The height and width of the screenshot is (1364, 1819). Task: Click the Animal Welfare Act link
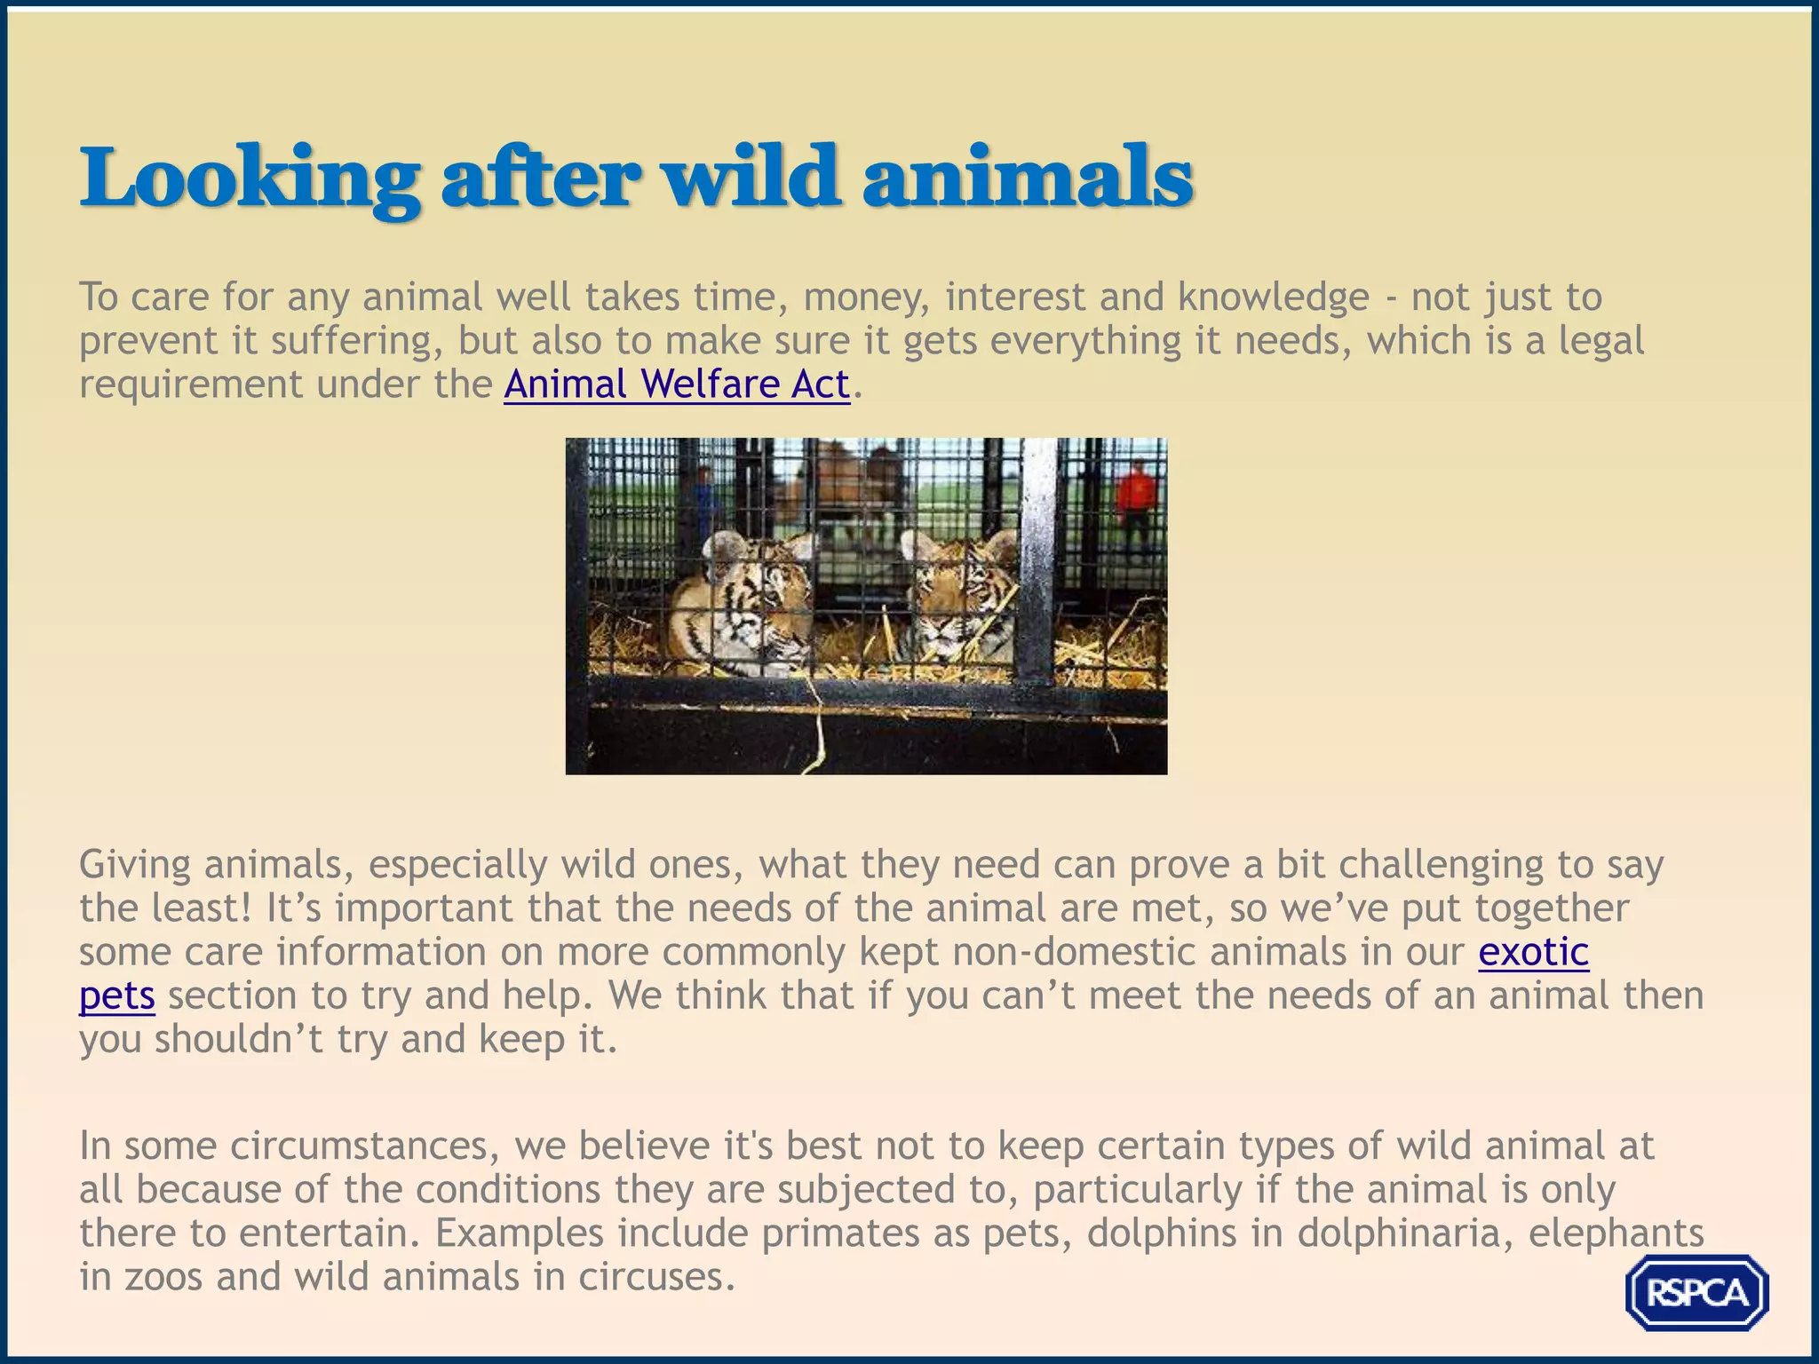(677, 385)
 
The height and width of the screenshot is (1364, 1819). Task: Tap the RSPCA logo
(1696, 1292)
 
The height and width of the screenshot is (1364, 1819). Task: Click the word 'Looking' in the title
(250, 178)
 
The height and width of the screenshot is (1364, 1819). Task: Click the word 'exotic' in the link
(1533, 952)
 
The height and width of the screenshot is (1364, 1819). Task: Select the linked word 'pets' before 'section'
(117, 995)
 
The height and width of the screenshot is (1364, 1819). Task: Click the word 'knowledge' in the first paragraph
(1274, 297)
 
